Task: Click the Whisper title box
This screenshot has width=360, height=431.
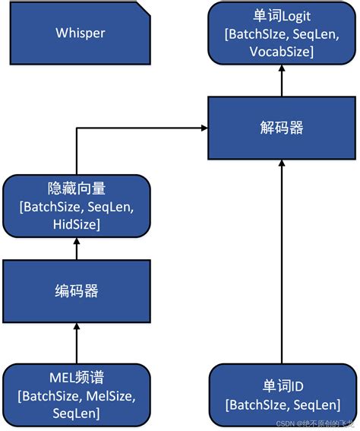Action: [80, 33]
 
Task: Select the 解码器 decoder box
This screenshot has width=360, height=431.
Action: [281, 127]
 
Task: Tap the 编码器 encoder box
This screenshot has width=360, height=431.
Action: [76, 290]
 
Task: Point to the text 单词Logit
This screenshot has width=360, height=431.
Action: [281, 17]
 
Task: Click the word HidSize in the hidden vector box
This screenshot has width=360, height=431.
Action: [76, 225]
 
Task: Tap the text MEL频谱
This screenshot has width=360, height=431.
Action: [76, 376]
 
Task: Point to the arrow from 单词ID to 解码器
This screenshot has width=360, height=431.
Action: [281, 258]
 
